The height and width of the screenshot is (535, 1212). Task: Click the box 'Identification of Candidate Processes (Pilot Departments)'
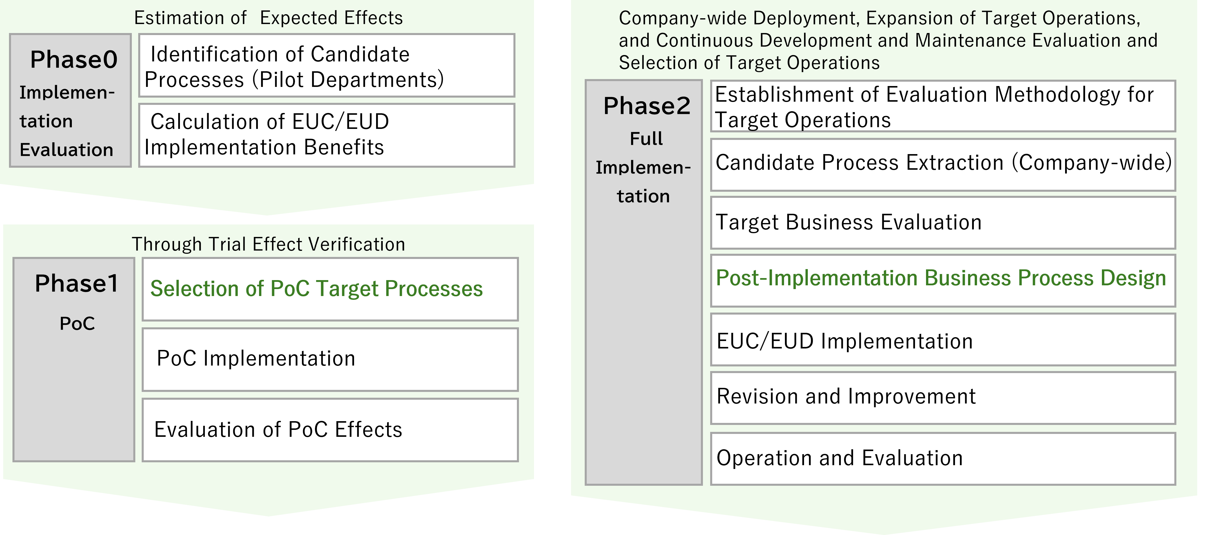[327, 66]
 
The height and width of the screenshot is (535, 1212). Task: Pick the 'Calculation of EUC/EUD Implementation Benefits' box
[327, 135]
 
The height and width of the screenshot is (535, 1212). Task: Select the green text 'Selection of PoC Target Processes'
[316, 289]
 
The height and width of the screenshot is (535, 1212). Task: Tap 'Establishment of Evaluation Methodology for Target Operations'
[943, 107]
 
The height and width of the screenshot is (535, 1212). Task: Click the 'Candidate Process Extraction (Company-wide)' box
[943, 163]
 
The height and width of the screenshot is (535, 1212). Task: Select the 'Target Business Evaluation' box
[943, 222]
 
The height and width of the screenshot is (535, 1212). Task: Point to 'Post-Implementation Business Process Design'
[941, 279]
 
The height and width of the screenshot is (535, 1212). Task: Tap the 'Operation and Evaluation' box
[943, 458]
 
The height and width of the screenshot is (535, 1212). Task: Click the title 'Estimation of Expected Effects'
[268, 18]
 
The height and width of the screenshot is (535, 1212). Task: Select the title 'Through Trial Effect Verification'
[268, 244]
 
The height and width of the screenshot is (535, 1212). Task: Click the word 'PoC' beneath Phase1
[77, 324]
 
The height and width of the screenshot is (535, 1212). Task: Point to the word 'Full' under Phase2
[646, 139]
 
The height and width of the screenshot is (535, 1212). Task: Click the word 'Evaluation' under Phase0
[66, 150]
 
